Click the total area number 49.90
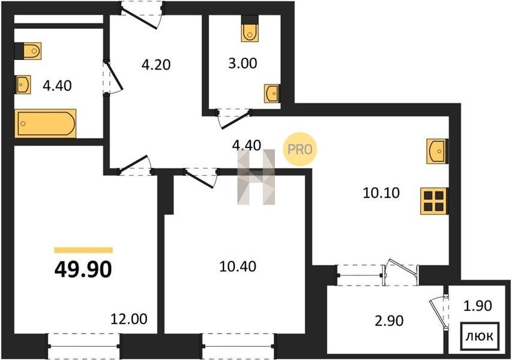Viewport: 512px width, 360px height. [x=83, y=269]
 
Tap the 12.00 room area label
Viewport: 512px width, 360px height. [x=129, y=319]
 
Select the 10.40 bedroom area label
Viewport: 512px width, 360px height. [x=238, y=266]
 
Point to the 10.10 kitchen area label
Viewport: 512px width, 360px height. [x=381, y=193]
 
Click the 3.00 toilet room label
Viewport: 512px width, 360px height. [x=242, y=64]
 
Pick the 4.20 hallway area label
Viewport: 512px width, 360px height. [x=156, y=65]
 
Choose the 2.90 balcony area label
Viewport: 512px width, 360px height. [x=389, y=321]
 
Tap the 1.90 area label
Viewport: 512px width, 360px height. [x=478, y=306]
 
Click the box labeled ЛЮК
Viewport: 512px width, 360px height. [x=480, y=336]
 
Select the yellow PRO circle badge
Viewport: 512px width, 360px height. [x=300, y=149]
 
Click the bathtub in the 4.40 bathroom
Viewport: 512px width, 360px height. [x=46, y=124]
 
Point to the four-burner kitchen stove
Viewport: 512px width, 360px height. [x=433, y=202]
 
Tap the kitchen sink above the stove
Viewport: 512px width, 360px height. [x=436, y=151]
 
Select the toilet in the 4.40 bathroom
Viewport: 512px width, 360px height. [x=28, y=51]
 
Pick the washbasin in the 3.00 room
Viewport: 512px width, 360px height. [x=272, y=94]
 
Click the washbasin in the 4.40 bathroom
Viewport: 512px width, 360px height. [x=23, y=85]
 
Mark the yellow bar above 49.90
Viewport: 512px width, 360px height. [x=83, y=250]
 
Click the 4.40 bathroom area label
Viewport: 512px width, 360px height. [x=57, y=86]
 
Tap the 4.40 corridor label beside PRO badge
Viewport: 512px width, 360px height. [x=246, y=145]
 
